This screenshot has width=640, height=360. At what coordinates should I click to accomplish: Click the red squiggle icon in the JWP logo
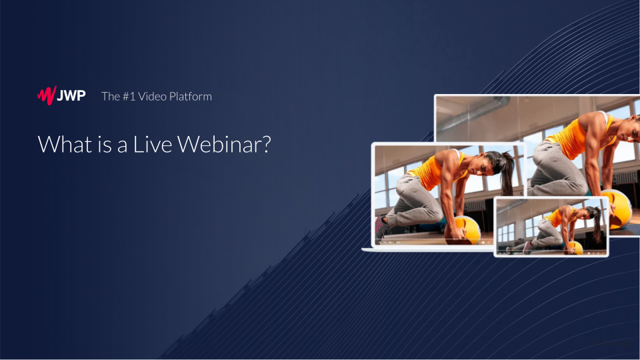point(47,95)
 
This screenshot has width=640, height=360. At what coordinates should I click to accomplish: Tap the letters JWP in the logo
point(71,96)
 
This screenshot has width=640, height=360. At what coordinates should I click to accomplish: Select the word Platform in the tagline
point(191,96)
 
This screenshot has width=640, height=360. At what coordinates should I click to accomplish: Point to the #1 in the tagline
point(129,96)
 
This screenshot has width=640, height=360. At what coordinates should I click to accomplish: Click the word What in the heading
point(65,144)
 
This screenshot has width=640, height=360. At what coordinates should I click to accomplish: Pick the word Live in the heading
point(153,144)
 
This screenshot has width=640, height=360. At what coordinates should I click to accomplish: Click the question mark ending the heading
point(265,144)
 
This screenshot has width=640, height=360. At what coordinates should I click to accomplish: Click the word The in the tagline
point(111,96)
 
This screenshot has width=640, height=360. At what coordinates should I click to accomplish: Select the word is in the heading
point(105,145)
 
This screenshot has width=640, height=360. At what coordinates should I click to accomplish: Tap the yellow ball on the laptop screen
point(463,231)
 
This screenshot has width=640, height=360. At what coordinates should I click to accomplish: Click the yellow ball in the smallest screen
point(573,247)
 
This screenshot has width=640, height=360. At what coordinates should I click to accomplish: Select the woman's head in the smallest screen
point(591,213)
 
